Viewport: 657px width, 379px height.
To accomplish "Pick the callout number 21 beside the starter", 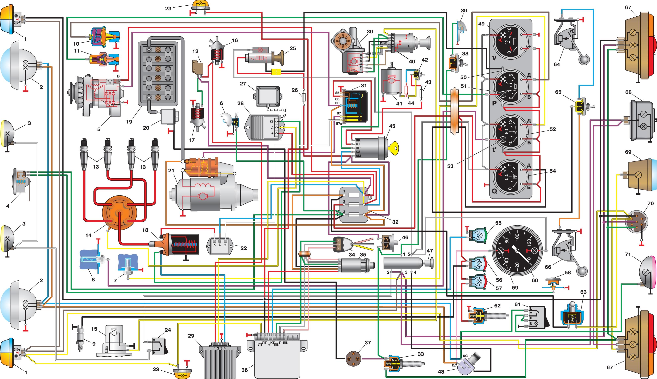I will pos(171,171).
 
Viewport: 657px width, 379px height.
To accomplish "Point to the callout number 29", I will pos(191,336).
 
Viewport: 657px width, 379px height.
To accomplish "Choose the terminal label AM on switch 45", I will pos(358,156).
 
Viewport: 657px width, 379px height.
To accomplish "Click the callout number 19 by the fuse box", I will pos(129,121).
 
